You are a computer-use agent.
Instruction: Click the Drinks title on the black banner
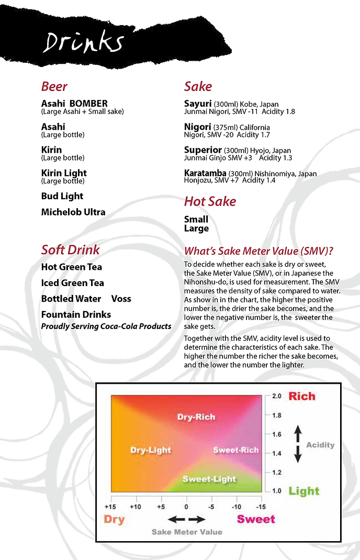84,42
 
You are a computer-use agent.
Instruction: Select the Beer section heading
54,86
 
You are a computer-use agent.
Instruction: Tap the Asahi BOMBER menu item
74,104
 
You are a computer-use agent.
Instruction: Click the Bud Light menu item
62,196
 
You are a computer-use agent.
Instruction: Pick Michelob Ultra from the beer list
73,212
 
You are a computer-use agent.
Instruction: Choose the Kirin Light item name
64,173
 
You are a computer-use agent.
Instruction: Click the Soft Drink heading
70,249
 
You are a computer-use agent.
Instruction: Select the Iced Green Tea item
73,283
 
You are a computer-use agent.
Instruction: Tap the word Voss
121,299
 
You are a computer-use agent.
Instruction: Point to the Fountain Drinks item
76,314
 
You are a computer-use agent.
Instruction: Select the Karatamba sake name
205,173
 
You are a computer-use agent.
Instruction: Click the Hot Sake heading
210,201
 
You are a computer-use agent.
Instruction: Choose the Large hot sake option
196,228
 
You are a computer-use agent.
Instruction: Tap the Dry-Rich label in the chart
196,417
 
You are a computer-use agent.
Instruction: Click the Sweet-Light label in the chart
209,479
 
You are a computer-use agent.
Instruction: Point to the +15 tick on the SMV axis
110,507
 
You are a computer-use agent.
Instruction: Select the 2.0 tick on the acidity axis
277,396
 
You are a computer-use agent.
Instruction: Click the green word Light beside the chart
304,491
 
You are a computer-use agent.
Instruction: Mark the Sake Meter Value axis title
187,532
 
